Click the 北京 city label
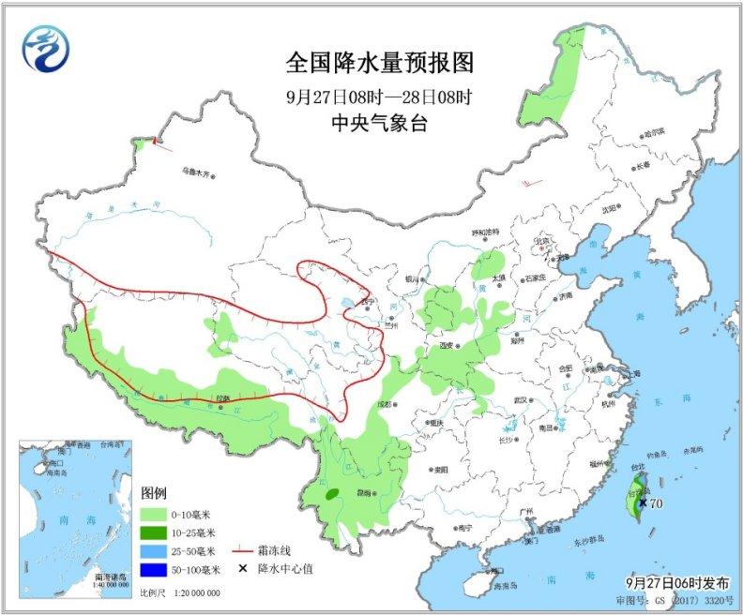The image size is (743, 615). coord(539,241)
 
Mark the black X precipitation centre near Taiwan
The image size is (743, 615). coord(642,502)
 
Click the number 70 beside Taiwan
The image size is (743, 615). coord(656,503)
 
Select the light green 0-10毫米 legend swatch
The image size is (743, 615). coord(154,515)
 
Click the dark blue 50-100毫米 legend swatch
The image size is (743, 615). coord(154,568)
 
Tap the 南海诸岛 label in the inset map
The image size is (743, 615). coord(111,577)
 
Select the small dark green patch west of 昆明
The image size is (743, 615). coord(332,493)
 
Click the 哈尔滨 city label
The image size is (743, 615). coord(658,132)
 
